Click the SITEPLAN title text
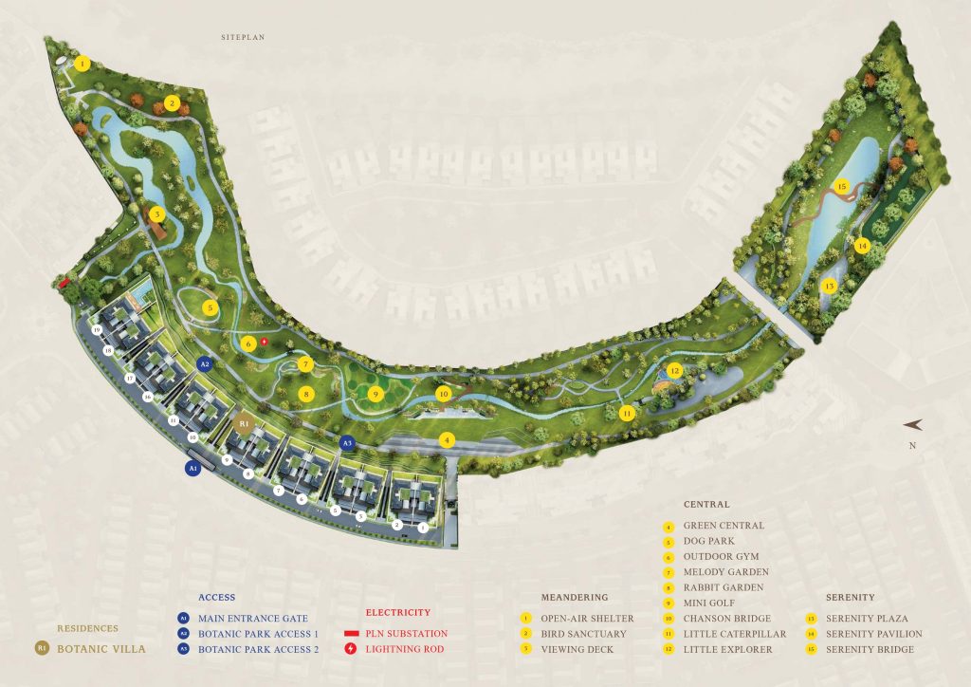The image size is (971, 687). (x=242, y=37)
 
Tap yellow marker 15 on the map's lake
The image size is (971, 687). (x=841, y=186)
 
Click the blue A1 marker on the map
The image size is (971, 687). (x=192, y=468)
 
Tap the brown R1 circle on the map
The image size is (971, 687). (x=244, y=423)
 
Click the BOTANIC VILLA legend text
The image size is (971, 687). (x=101, y=650)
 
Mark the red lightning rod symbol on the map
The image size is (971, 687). (x=265, y=341)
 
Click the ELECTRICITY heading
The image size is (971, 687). (x=397, y=613)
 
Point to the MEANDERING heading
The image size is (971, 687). (x=575, y=597)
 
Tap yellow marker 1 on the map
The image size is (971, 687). (x=82, y=64)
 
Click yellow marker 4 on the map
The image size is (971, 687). (x=447, y=439)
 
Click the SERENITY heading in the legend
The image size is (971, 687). (x=850, y=597)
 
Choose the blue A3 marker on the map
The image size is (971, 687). (x=347, y=442)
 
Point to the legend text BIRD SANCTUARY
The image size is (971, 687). (x=585, y=634)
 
